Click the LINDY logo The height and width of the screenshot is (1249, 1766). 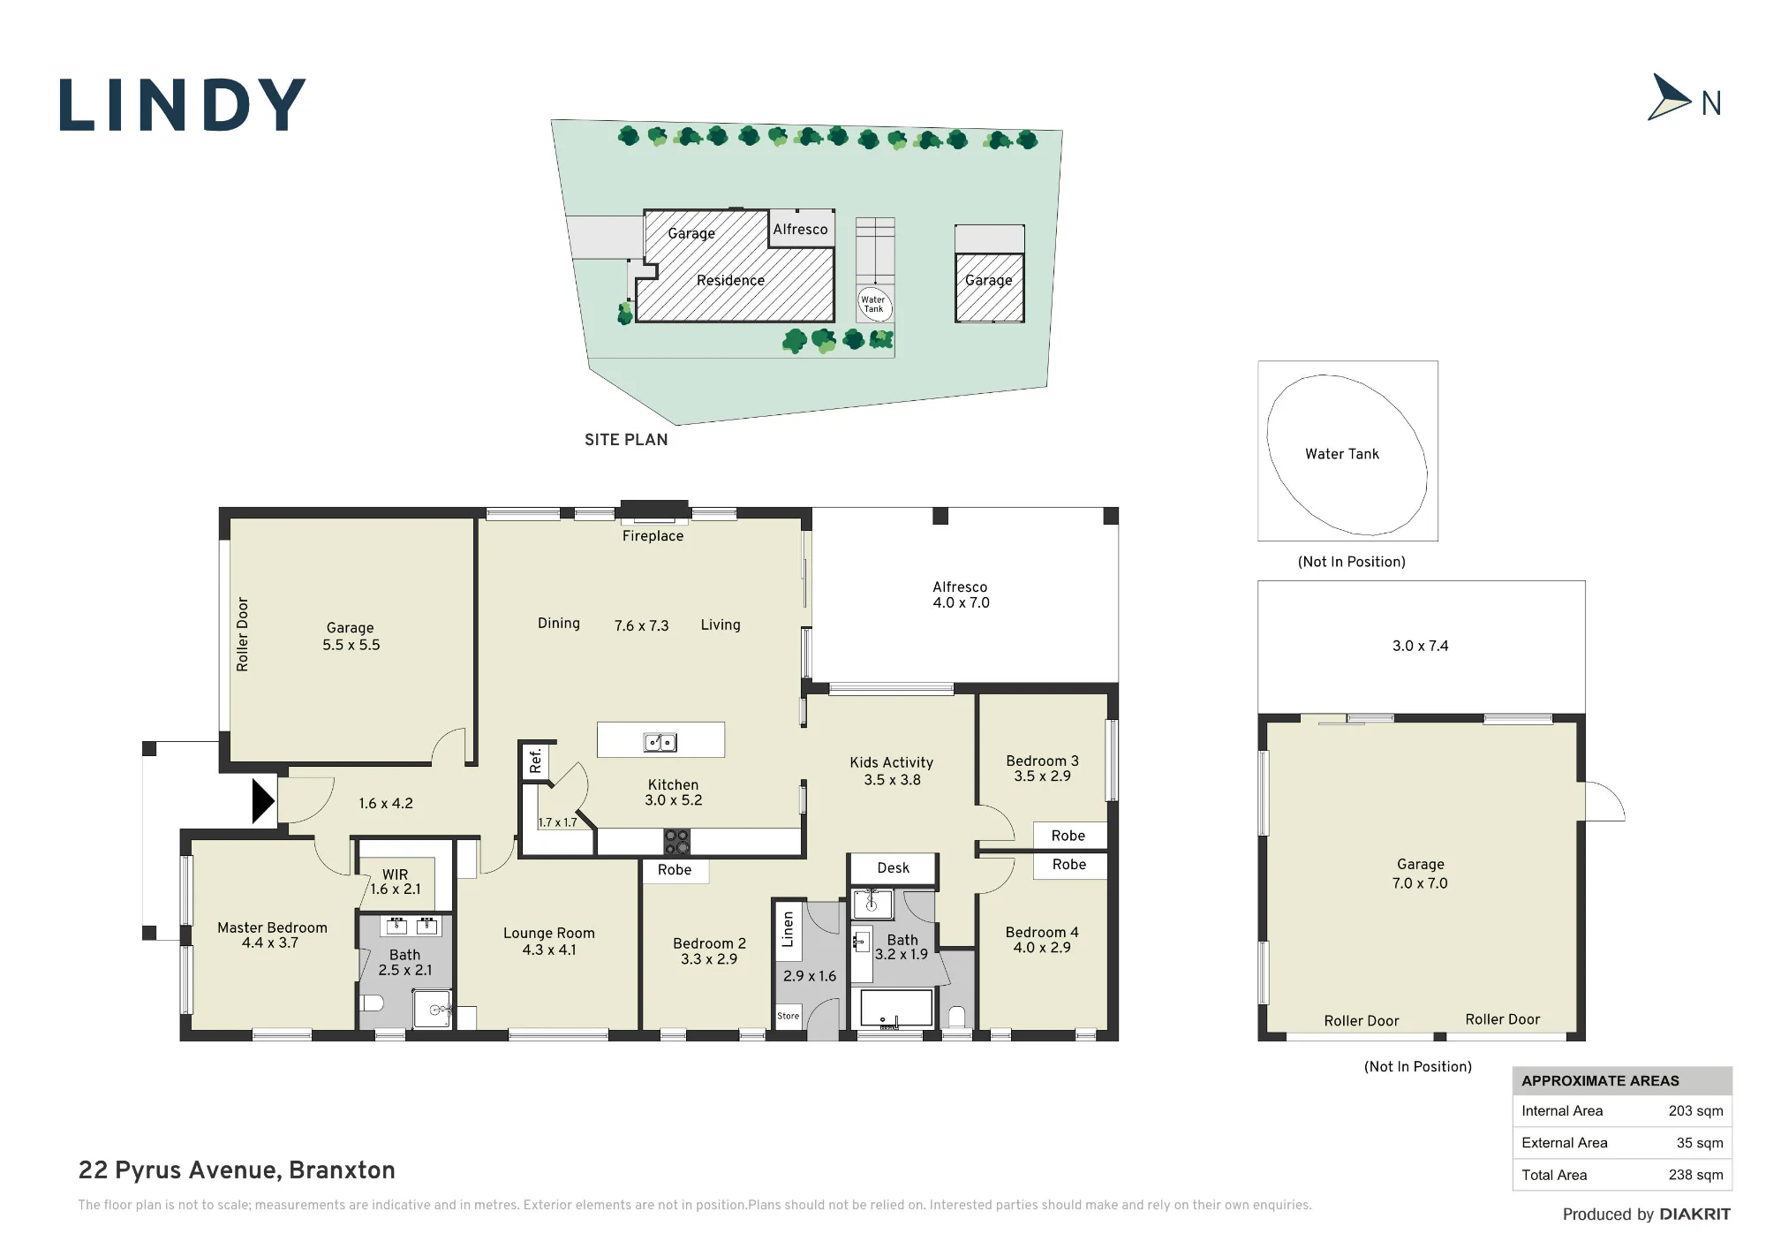coord(183,105)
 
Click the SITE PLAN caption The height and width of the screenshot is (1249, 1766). coord(626,440)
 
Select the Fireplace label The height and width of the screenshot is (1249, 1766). coord(653,536)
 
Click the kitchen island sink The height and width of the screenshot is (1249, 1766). coord(660,742)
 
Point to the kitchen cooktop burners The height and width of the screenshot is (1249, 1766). coord(677,842)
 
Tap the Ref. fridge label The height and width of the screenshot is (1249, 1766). coord(535,761)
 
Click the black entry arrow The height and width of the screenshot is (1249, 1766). coord(263,800)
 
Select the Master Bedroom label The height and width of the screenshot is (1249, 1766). coord(272,927)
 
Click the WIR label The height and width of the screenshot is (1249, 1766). coord(396,874)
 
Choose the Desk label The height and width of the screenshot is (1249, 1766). coord(894,868)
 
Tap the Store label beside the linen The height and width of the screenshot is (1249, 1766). coord(789,1016)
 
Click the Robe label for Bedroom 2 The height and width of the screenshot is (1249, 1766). coord(675,870)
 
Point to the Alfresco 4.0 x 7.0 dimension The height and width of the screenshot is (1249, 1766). coord(962,603)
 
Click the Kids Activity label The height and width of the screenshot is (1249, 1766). coord(892,762)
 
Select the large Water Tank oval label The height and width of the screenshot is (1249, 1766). coord(1342,454)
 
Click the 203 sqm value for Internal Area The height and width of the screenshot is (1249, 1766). coord(1695,1111)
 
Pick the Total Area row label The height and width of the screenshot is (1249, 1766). coord(1554,1175)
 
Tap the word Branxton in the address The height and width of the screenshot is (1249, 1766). coord(342,1170)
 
